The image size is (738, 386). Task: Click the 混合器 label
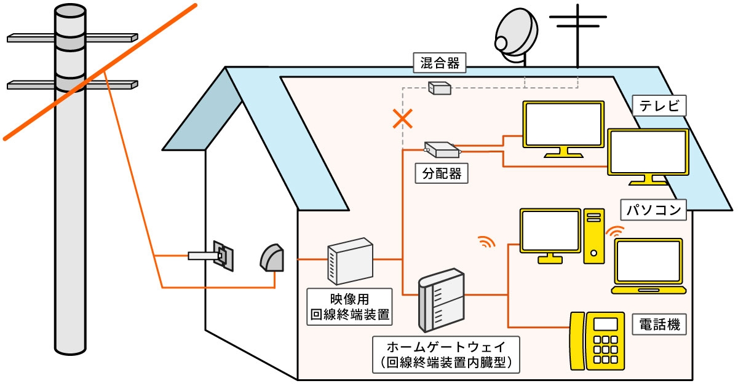(x=439, y=62)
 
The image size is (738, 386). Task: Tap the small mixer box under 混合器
(x=439, y=89)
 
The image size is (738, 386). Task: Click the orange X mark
(x=403, y=118)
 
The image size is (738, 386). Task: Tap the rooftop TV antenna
(x=578, y=31)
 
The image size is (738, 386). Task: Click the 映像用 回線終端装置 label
(x=349, y=306)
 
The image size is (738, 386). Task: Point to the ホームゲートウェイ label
(x=446, y=353)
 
